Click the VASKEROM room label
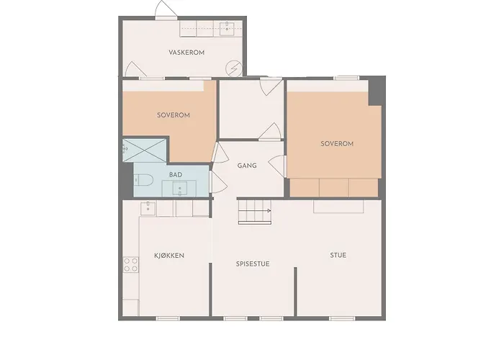point(186,53)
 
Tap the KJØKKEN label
point(170,256)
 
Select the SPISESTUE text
point(253,264)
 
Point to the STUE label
point(338,255)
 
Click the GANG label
point(247,166)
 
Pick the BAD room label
point(176,175)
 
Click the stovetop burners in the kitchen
point(130,264)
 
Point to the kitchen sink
point(148,208)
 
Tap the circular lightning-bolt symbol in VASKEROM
point(233,69)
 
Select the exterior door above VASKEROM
point(165,11)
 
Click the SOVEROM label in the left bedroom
point(173,115)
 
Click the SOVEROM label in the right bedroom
point(336,144)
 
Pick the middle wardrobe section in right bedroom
point(333,187)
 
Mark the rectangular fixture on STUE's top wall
point(339,206)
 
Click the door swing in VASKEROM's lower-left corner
point(133,70)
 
